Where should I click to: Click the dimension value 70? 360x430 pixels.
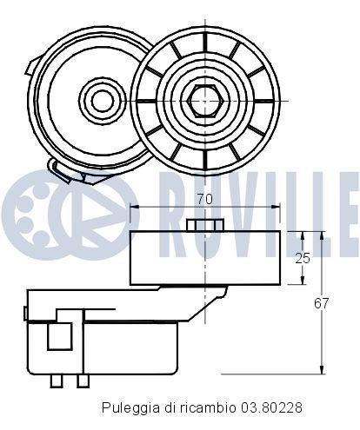[205, 199]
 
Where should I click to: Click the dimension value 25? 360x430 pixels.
[303, 258]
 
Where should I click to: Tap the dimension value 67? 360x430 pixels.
[322, 303]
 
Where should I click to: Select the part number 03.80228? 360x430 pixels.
[271, 407]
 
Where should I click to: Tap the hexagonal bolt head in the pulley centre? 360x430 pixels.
[205, 101]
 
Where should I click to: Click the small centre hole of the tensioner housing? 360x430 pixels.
[102, 100]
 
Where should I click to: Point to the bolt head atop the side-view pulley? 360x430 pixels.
[205, 225]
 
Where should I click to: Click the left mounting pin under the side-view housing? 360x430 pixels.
[57, 380]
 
